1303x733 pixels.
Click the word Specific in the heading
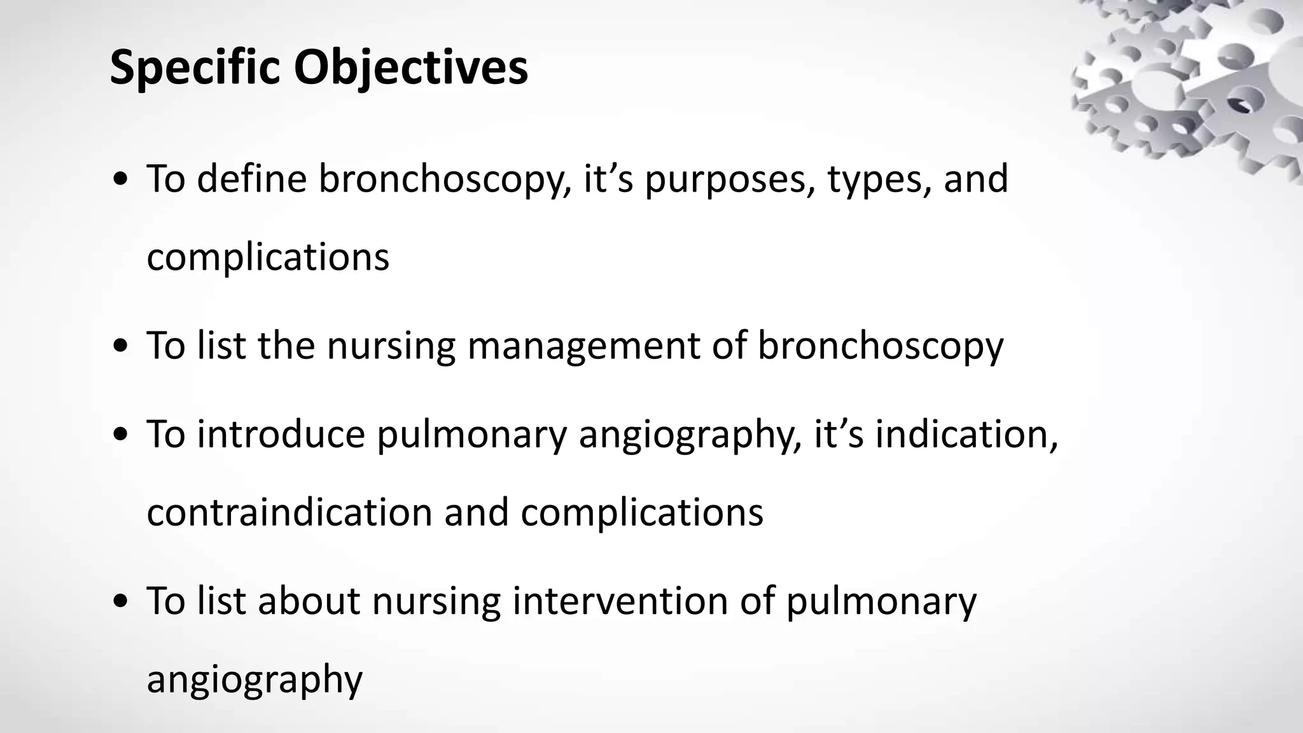195,67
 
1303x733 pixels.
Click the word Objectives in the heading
410,67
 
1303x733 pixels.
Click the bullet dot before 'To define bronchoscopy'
120,181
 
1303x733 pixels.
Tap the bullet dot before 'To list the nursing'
120,347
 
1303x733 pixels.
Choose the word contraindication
289,512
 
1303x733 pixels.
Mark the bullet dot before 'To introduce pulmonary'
120,436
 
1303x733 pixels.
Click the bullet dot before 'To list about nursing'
120,603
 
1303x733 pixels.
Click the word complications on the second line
268,258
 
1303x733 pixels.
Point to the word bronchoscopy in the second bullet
881,347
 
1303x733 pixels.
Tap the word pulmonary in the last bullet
881,602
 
